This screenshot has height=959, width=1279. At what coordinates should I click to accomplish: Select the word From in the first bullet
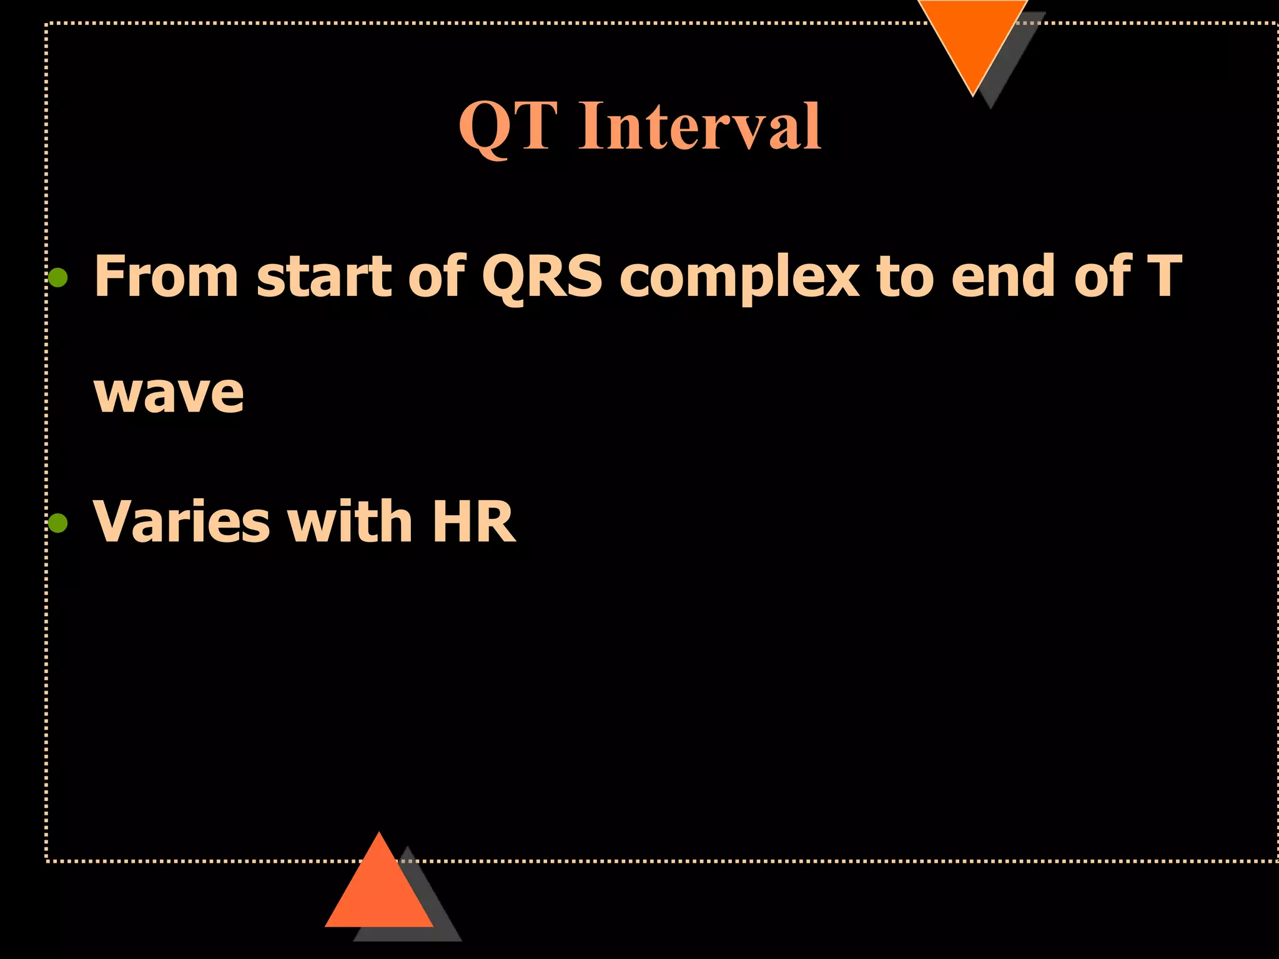tap(165, 276)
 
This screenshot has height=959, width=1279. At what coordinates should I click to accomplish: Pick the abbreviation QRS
tap(542, 277)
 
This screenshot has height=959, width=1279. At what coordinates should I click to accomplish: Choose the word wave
tap(169, 395)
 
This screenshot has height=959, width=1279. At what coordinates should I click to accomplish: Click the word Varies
tap(182, 522)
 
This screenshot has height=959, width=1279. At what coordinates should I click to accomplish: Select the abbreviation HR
tap(473, 522)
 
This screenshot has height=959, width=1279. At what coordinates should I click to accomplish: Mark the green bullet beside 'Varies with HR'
tap(58, 523)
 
